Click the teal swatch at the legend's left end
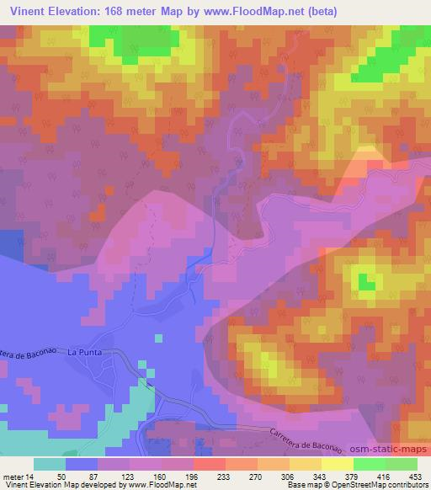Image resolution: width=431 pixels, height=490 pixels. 50,463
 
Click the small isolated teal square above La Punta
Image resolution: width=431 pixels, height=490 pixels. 157,338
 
